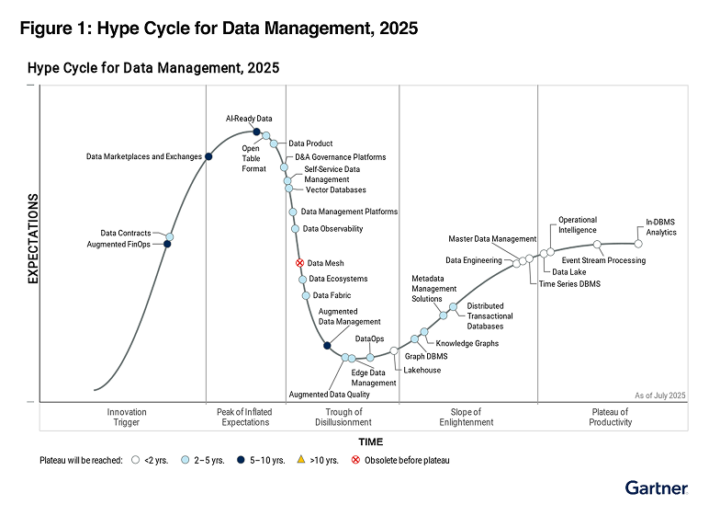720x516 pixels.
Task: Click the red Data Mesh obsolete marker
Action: point(299,263)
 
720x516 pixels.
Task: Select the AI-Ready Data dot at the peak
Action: point(257,132)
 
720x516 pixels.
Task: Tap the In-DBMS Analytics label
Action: point(660,227)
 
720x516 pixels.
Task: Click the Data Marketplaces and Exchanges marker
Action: point(208,156)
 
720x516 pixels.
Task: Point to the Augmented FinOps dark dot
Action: point(167,244)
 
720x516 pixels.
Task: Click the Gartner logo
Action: point(657,487)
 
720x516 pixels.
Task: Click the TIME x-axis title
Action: point(371,442)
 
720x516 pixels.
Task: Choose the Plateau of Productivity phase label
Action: point(611,418)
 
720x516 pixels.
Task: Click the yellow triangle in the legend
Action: point(301,459)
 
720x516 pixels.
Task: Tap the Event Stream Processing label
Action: point(603,260)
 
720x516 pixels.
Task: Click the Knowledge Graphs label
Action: point(467,343)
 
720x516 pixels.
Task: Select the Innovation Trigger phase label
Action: point(127,418)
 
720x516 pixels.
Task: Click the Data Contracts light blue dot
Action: point(169,236)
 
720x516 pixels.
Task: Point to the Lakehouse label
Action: point(422,370)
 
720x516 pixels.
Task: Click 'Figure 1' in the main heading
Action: point(53,29)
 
